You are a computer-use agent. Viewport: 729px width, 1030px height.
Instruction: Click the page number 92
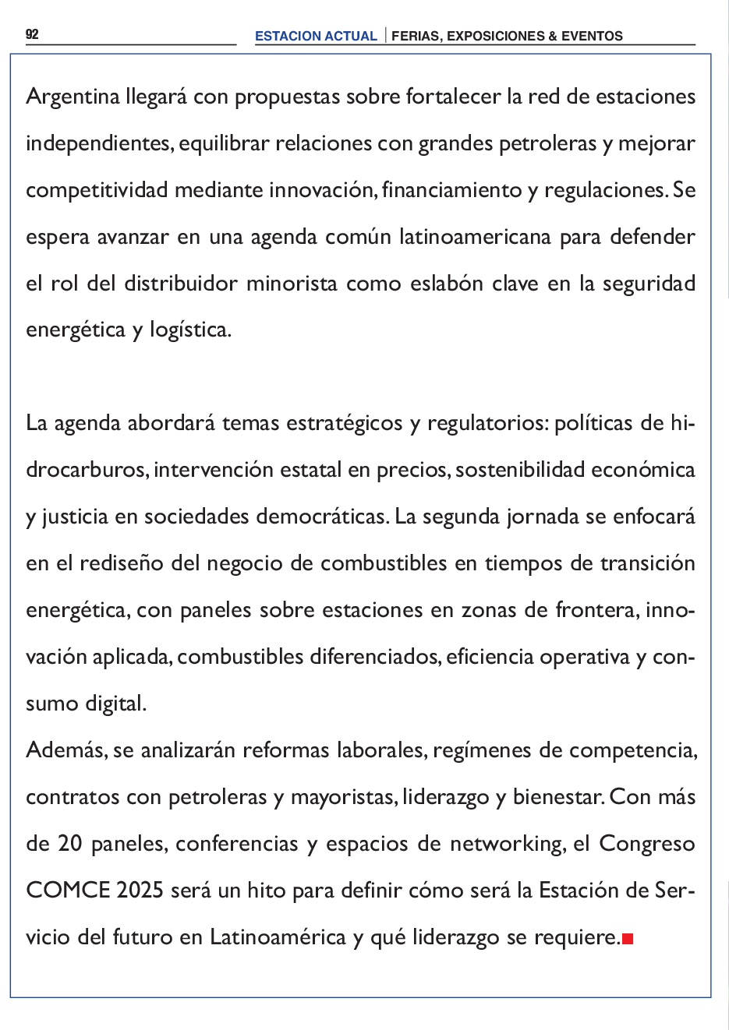[x=32, y=34]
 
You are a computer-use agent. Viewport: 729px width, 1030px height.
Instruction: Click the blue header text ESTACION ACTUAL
[x=316, y=36]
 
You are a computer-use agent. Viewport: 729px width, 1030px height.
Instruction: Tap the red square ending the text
[x=628, y=939]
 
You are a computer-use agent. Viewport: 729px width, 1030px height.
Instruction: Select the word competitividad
[x=97, y=190]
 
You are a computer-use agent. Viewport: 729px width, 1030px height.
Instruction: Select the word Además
[x=66, y=750]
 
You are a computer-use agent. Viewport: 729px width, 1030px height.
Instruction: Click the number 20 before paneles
[x=69, y=844]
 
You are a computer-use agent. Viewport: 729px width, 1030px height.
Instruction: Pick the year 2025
[x=140, y=891]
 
